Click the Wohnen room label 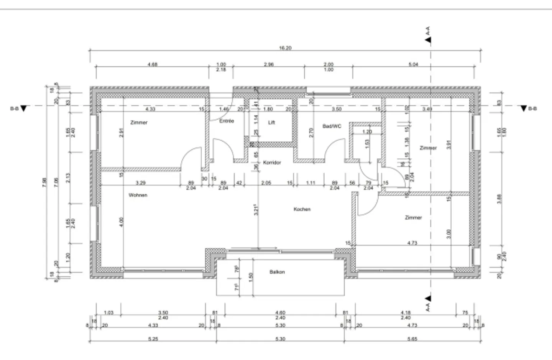click(x=138, y=195)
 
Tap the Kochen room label click(x=302, y=209)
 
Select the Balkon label click(x=277, y=272)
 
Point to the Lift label click(x=271, y=123)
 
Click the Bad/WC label click(x=332, y=126)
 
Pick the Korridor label click(x=272, y=163)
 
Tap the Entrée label click(x=227, y=121)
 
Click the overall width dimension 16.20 click(x=285, y=48)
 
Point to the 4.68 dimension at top click(x=152, y=64)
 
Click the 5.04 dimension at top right click(x=413, y=64)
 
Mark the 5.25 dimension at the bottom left click(x=153, y=339)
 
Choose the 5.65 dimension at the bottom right click(x=413, y=339)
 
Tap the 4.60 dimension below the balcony click(x=281, y=313)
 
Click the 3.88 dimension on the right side click(x=499, y=199)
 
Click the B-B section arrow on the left click(x=24, y=109)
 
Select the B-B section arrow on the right click(x=524, y=109)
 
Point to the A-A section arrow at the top click(x=428, y=39)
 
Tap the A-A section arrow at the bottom click(x=428, y=298)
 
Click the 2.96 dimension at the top click(x=269, y=64)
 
